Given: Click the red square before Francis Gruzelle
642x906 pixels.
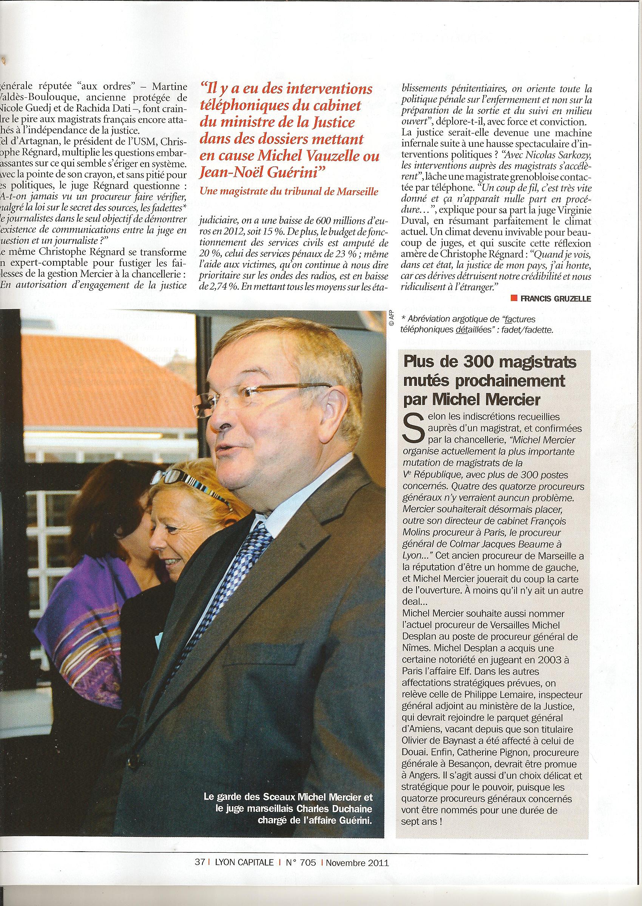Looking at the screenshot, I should click(x=514, y=299).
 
